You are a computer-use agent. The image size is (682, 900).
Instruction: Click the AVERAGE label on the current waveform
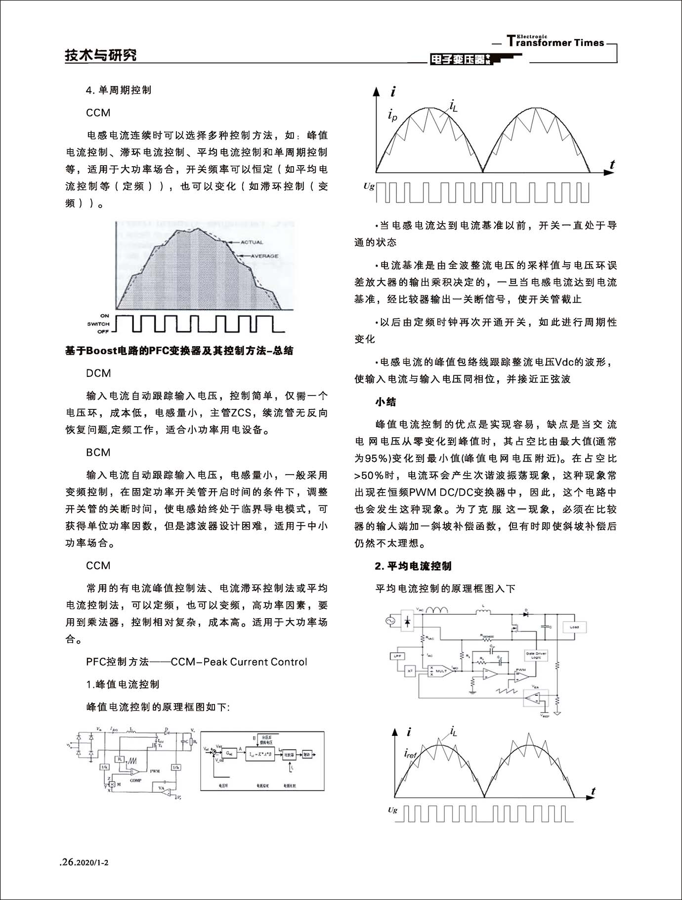pos(264,256)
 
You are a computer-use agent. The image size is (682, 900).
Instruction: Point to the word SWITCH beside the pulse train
pos(98,324)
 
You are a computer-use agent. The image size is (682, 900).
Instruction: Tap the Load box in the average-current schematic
pos(574,627)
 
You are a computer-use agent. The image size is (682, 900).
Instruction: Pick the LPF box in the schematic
pos(396,656)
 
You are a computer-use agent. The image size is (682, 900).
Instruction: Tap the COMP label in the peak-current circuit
pos(135,780)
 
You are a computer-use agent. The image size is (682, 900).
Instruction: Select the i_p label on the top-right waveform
pos(392,117)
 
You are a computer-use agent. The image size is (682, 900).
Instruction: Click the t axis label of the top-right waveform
pos(612,165)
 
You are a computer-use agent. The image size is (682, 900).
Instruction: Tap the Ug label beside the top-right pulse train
pos(369,186)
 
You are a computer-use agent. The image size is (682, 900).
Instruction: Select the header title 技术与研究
pos(101,55)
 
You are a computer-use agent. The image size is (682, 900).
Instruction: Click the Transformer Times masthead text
pos(555,42)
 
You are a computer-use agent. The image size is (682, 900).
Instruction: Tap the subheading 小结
pos(385,402)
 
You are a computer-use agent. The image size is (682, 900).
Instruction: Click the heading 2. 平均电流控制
pos(413,566)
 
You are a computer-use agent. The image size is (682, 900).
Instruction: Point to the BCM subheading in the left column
pos(98,452)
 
